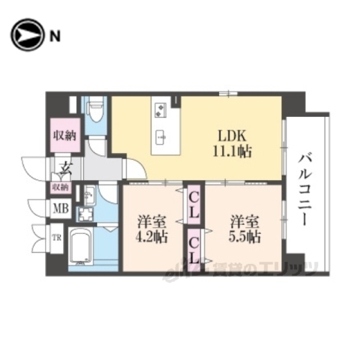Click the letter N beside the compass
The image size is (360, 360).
pos(55,34)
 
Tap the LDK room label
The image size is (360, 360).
pos(231,136)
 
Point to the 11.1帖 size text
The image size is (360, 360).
pos(231,150)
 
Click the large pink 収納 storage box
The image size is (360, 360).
pos(64,136)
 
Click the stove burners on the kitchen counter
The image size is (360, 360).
pos(160,111)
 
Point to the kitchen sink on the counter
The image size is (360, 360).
pos(160,136)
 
